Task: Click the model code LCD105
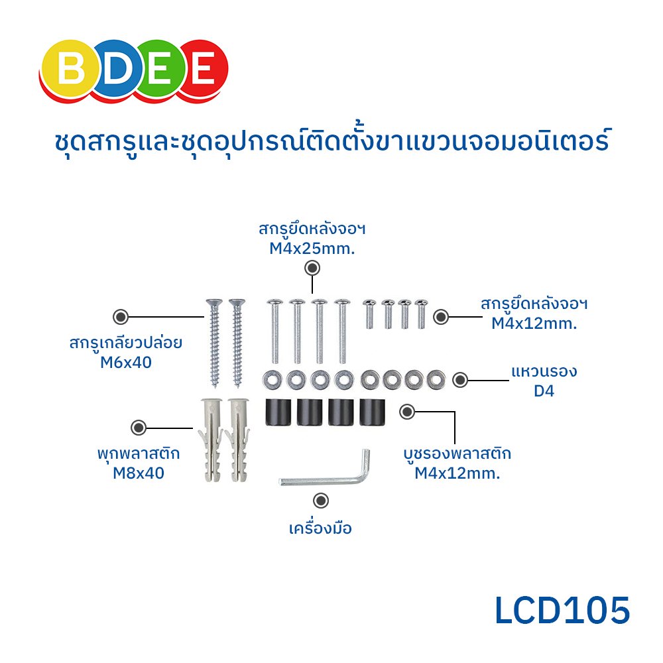562,611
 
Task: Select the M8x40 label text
138,473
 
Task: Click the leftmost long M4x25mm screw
276,331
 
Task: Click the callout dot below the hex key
321,501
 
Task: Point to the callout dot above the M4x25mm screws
312,268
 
